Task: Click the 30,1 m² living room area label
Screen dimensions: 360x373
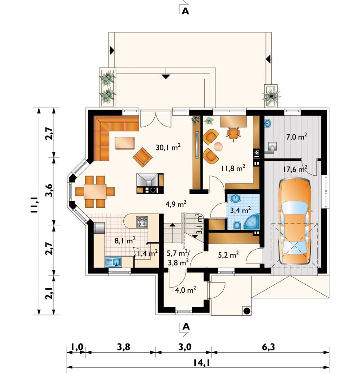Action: point(168,147)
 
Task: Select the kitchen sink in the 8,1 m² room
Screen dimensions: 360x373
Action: point(113,262)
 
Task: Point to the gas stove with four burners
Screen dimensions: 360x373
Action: point(142,222)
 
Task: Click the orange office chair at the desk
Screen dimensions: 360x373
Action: point(233,133)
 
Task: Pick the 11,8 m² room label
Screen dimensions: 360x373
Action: point(233,168)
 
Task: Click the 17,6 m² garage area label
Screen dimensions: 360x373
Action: point(295,169)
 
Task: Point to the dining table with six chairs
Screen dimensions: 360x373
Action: point(95,191)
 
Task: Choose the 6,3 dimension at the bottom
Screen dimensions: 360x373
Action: point(269,347)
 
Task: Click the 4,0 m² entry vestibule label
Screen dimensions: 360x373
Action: point(185,290)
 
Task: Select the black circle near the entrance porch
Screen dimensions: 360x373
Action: point(247,310)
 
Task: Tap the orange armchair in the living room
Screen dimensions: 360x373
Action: point(143,157)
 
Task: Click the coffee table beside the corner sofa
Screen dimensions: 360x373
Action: point(125,143)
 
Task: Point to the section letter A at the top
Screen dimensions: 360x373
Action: point(185,11)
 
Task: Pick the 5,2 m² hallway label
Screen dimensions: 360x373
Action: point(228,255)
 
